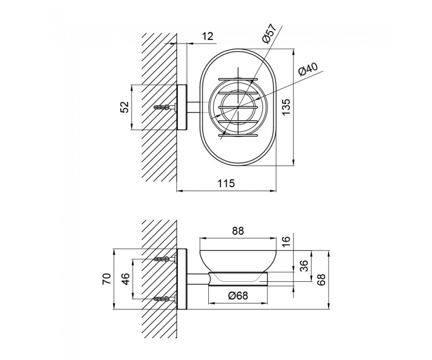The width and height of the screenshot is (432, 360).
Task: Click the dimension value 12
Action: pos(208,37)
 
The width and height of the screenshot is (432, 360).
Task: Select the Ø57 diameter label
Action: pos(269,33)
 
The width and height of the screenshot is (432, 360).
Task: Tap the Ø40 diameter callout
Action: pos(308,69)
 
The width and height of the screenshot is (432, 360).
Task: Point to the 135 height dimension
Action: pos(286,107)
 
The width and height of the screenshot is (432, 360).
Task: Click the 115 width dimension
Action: pos(226,183)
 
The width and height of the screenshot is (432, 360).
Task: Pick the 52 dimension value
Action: pos(125,107)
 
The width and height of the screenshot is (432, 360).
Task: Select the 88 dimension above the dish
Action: pos(238,231)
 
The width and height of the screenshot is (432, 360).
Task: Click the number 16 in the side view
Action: pos(286,239)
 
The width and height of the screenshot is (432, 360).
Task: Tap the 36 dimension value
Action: pos(304,266)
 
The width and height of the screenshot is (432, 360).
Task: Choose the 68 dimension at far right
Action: pos(321,280)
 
